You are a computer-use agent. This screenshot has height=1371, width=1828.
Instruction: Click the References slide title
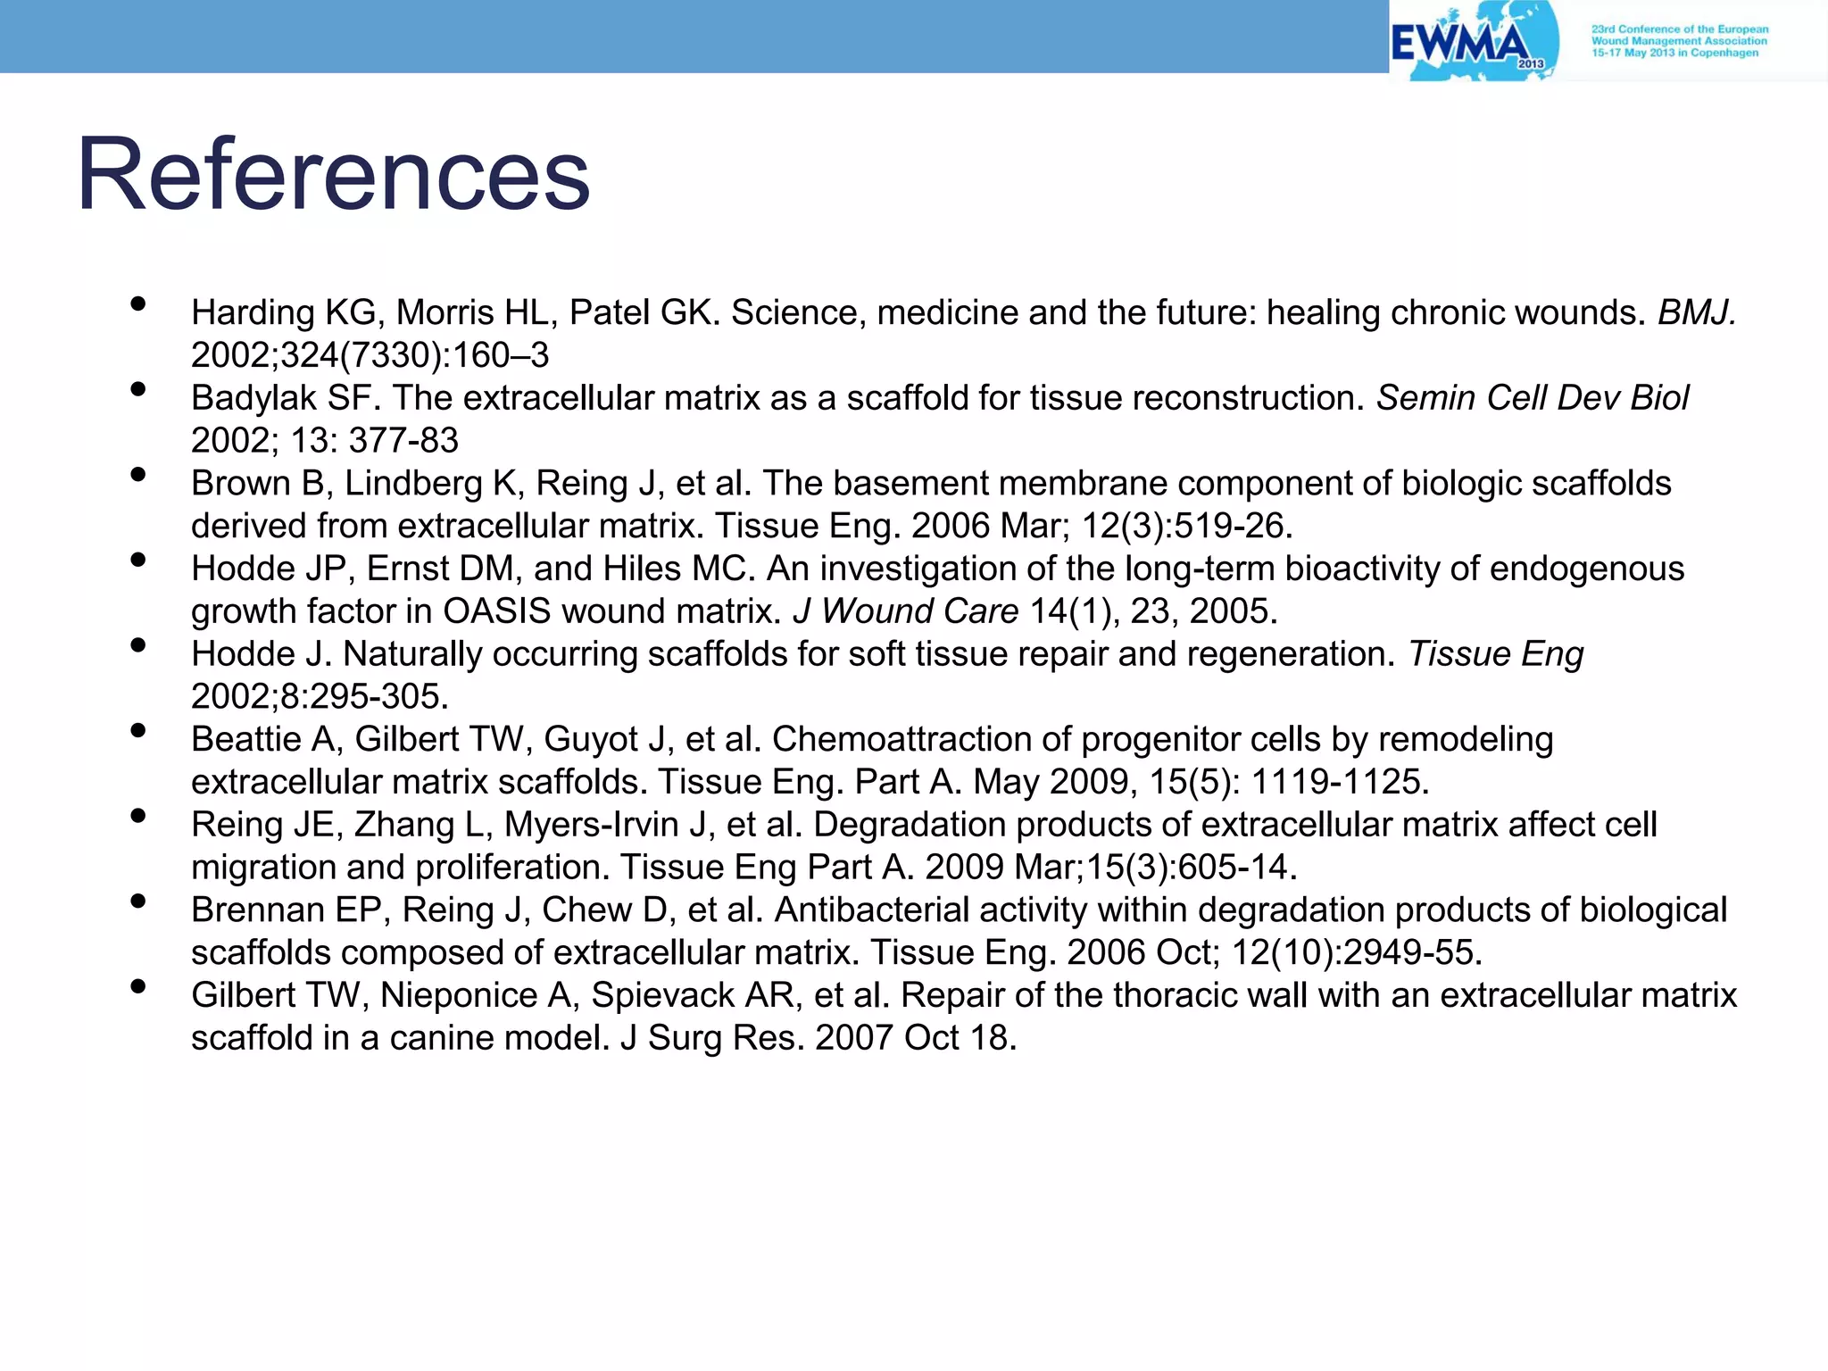click(333, 174)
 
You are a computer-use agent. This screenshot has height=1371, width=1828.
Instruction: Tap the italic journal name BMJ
click(1696, 312)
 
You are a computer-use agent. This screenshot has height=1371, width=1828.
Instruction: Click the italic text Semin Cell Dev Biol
click(1533, 398)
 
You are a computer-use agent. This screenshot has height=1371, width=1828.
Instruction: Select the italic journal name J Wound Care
click(905, 611)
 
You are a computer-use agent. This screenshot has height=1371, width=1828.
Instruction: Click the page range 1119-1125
click(1339, 782)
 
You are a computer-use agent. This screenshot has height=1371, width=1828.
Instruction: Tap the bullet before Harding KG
click(137, 303)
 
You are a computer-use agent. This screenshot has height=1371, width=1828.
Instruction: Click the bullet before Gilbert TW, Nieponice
click(137, 986)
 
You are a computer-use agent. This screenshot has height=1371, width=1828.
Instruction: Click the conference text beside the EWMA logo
click(1679, 41)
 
